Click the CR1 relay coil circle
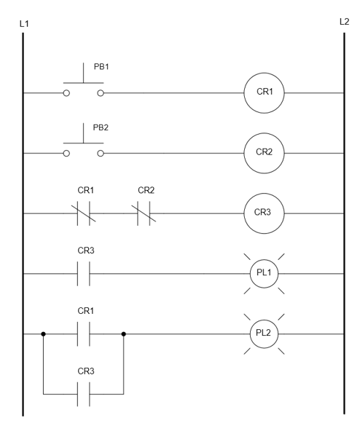coord(265,93)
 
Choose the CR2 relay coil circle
coord(265,154)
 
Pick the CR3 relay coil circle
coord(265,214)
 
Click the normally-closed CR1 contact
coord(83,214)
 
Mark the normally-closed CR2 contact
coord(144,214)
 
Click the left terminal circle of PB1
coord(67,93)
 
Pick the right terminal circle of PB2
coord(100,154)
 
